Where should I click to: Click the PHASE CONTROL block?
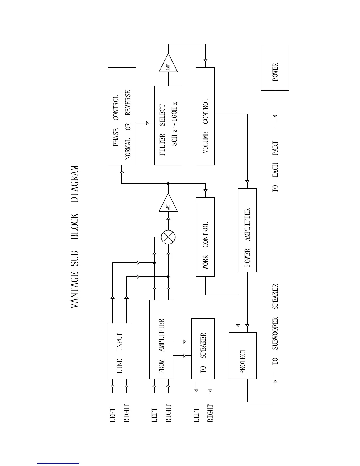click(x=122, y=116)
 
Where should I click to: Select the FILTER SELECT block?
click(x=168, y=125)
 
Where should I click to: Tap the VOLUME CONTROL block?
click(x=205, y=116)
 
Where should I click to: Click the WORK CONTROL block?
click(x=205, y=237)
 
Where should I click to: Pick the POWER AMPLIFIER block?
click(x=247, y=230)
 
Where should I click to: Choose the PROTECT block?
click(x=243, y=355)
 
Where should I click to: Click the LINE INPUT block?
click(x=119, y=351)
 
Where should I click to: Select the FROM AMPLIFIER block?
click(x=161, y=339)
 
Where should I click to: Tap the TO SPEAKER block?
click(x=203, y=349)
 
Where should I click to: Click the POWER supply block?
click(x=275, y=67)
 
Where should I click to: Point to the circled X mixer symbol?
click(x=168, y=237)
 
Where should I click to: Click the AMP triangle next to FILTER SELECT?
click(x=168, y=64)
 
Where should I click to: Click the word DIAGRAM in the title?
click(x=75, y=184)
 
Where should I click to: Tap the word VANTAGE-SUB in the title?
click(x=75, y=279)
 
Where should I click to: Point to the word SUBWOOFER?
click(x=275, y=334)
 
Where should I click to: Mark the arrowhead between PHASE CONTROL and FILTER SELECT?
click(x=147, y=123)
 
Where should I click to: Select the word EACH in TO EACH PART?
click(x=275, y=170)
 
